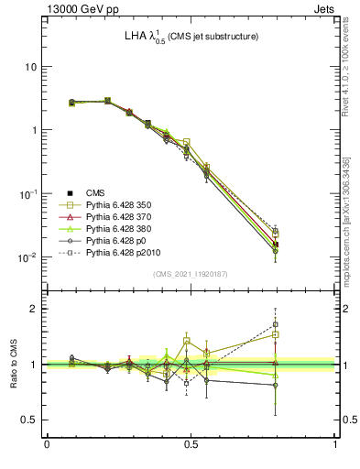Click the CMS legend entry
tap(96, 191)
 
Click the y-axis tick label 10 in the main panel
tap(30, 67)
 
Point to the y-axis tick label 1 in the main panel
tap(33, 130)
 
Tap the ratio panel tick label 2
tap(33, 309)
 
